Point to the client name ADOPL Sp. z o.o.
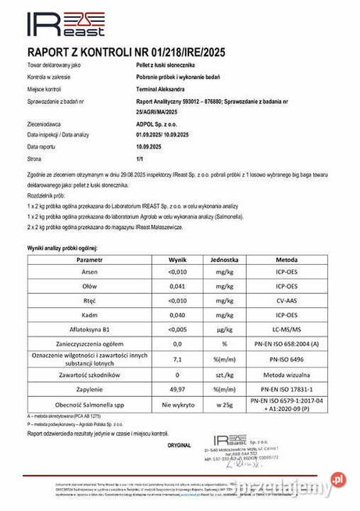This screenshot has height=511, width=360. coord(155,124)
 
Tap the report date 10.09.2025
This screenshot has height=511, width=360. coord(151,146)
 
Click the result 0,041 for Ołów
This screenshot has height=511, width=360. coord(176,286)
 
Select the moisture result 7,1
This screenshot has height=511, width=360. coord(176,360)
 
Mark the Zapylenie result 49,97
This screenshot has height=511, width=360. coord(176,388)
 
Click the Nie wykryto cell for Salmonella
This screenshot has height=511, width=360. coord(176,406)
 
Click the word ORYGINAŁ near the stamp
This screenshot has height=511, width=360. coord(178,445)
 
